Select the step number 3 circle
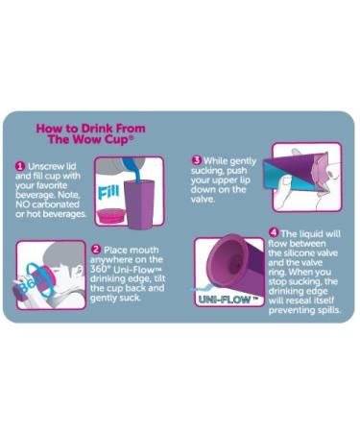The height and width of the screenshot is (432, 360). [x=197, y=160]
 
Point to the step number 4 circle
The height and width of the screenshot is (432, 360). [x=274, y=232]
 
